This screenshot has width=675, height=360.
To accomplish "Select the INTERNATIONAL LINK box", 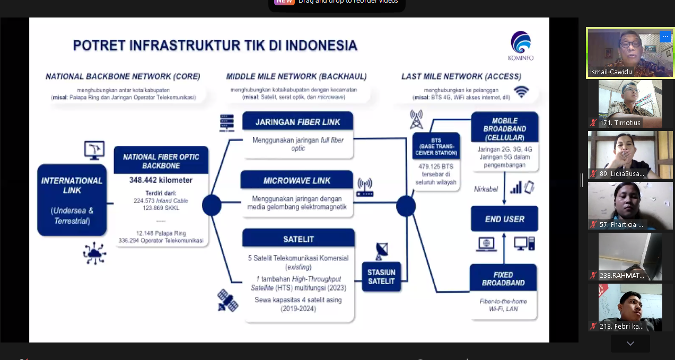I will pyautogui.click(x=72, y=200).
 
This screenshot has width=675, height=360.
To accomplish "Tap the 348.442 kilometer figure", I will pyautogui.click(x=161, y=180).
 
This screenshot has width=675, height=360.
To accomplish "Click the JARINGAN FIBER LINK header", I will pyautogui.click(x=297, y=122).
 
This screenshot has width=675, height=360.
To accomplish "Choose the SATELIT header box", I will pyautogui.click(x=299, y=239).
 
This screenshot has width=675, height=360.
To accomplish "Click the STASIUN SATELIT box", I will pyautogui.click(x=381, y=276).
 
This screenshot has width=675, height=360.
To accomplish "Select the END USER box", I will pyautogui.click(x=504, y=219).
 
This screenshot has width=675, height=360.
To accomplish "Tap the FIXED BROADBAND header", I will pyautogui.click(x=503, y=278).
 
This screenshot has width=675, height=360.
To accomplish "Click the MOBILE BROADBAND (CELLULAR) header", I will pyautogui.click(x=504, y=128).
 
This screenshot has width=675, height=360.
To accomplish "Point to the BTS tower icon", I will pyautogui.click(x=416, y=120).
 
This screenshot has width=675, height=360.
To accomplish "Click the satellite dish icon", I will pyautogui.click(x=381, y=251).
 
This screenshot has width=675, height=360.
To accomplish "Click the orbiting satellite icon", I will pyautogui.click(x=228, y=300).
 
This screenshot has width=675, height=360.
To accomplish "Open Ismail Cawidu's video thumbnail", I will pyautogui.click(x=630, y=53).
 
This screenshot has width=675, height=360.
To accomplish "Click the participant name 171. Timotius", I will pyautogui.click(x=620, y=123).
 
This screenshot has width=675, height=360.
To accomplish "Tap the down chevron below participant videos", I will pyautogui.click(x=630, y=344).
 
